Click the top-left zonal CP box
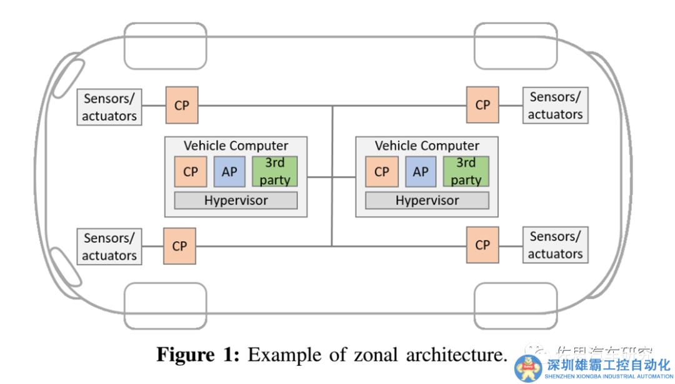(181, 106)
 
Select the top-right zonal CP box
(482, 105)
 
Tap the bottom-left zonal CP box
(179, 246)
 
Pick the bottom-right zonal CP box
(482, 245)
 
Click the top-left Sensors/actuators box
(109, 107)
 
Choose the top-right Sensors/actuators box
(555, 106)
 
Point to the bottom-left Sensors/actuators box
(109, 247)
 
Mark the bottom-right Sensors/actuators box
(555, 245)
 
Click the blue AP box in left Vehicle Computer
(229, 172)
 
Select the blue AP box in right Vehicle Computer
(421, 172)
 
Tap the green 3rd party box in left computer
(274, 172)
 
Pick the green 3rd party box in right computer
(466, 172)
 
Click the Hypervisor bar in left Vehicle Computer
(236, 200)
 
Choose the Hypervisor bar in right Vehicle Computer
(427, 200)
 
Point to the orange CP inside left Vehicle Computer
(191, 172)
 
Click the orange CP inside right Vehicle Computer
(382, 172)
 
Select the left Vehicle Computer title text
(236, 145)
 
